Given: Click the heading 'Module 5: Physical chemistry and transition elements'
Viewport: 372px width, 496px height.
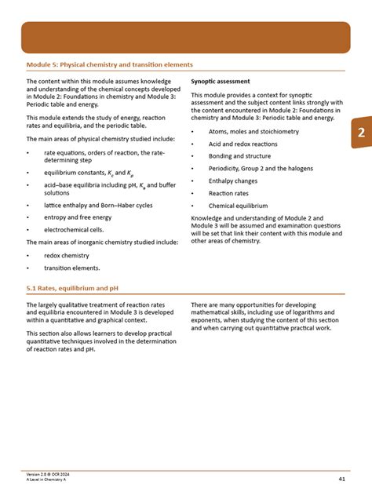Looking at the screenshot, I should [x=109, y=64].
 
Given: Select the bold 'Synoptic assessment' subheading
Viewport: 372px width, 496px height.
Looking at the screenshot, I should [x=221, y=81].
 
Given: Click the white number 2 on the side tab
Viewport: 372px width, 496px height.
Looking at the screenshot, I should [x=360, y=133].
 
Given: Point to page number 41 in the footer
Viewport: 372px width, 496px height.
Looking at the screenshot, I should [x=342, y=478].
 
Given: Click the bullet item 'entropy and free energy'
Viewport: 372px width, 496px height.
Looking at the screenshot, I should [x=78, y=217].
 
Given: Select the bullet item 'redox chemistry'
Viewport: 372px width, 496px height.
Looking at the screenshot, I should [x=67, y=255].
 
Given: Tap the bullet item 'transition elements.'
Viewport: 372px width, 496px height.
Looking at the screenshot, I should [x=72, y=268].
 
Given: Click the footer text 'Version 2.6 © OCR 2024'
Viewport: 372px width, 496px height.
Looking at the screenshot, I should [x=49, y=474].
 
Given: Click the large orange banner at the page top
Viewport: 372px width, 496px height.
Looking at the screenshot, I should [x=185, y=37].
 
